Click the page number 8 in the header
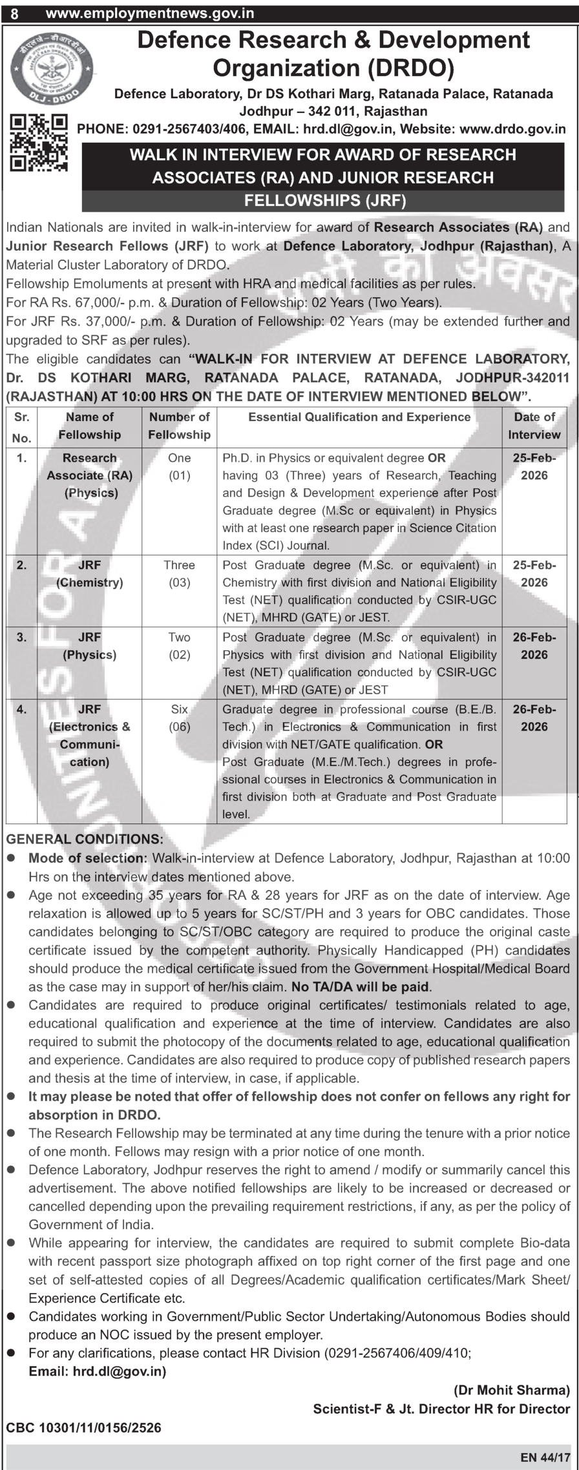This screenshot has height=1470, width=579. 14,13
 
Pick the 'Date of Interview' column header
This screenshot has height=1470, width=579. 534,426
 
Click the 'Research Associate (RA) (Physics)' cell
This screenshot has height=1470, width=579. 89,475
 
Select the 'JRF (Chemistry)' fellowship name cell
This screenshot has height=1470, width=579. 89,574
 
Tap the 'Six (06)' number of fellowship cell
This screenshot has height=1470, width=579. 179,718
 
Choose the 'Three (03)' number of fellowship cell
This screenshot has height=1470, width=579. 179,574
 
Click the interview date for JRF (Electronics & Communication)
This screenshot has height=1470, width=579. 534,718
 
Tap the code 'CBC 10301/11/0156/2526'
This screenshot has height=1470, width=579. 83,1428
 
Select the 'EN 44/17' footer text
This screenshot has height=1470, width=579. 545,1458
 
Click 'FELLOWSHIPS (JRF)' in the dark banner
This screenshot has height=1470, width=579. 324,200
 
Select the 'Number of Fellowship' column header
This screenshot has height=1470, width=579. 179,426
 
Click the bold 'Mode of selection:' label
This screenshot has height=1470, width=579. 88,858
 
